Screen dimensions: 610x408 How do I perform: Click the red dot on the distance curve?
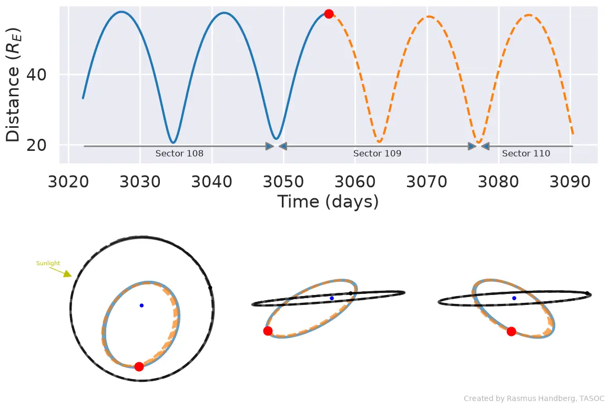(x=329, y=14)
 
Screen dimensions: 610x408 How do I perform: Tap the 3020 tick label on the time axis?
(x=68, y=181)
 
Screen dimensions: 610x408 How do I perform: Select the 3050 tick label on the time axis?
(x=283, y=181)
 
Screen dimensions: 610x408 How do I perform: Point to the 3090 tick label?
(x=570, y=181)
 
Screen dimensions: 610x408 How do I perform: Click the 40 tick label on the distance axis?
(x=36, y=74)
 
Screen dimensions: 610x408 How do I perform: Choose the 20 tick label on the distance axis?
(x=36, y=145)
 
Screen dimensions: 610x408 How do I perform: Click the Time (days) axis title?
(x=328, y=202)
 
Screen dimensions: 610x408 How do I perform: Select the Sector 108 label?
(x=179, y=153)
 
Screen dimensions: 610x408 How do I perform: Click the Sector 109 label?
(x=377, y=153)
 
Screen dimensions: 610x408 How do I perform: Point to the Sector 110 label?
(x=526, y=153)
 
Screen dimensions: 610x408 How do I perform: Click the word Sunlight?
(x=48, y=263)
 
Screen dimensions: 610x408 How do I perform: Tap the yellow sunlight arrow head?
(x=68, y=274)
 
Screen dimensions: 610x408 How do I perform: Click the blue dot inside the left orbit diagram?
(x=141, y=305)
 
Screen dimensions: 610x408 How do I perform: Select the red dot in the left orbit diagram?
(x=139, y=366)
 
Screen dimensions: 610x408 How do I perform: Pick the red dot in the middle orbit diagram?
(x=268, y=331)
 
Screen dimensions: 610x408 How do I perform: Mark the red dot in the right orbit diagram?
(x=511, y=331)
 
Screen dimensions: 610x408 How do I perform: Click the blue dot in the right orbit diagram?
(x=514, y=298)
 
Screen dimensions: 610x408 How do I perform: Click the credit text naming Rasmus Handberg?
(x=534, y=399)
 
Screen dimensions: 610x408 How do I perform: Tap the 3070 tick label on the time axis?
(x=427, y=181)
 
